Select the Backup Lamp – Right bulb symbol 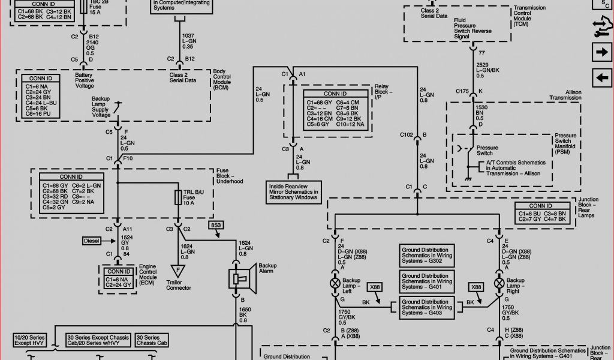[499, 283]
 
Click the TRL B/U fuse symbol [178, 198]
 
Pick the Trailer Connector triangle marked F [178, 271]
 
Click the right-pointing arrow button [601, 53]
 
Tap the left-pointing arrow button [601, 78]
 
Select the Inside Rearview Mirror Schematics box [294, 190]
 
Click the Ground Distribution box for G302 [425, 254]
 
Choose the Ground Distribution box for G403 [425, 307]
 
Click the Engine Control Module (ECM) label [148, 274]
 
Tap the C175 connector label [461, 92]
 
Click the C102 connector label [407, 135]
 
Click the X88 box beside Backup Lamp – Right [477, 287]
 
